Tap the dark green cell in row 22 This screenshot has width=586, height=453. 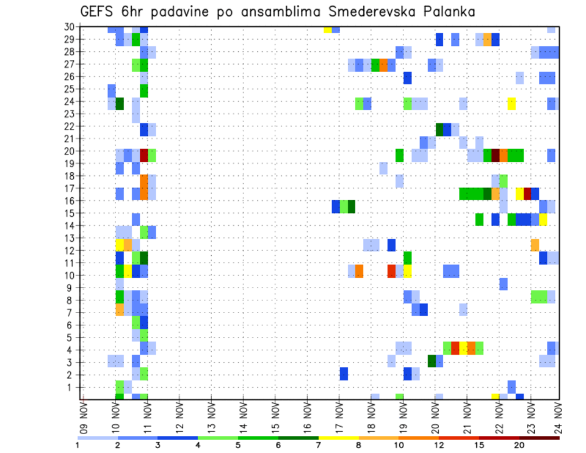click(440, 129)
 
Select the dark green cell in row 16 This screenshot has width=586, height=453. click(352, 206)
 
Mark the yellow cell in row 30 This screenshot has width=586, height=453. click(328, 29)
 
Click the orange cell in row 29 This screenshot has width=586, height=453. click(487, 40)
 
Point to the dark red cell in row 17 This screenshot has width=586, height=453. click(527, 194)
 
